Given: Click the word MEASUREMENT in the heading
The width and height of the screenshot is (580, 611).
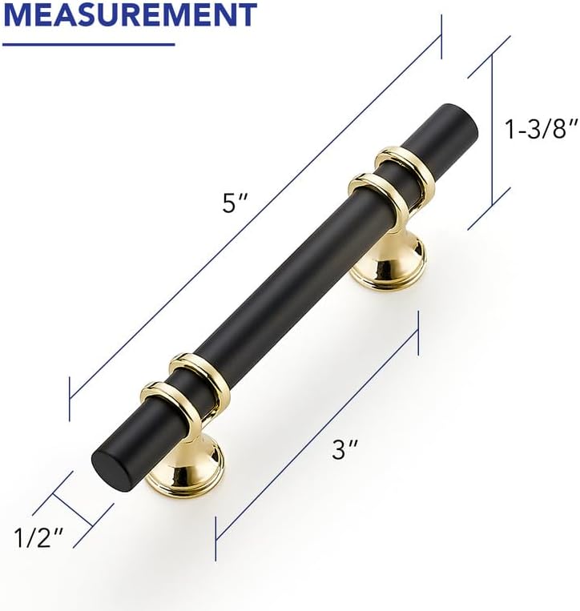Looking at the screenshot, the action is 130,14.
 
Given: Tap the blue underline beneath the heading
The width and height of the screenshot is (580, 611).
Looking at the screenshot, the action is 88,44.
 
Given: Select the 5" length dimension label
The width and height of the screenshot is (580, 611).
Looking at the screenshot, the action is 235,203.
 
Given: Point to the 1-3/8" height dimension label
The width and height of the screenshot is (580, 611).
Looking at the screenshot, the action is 541,129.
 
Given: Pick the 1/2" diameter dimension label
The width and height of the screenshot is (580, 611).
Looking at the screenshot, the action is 38,537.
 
